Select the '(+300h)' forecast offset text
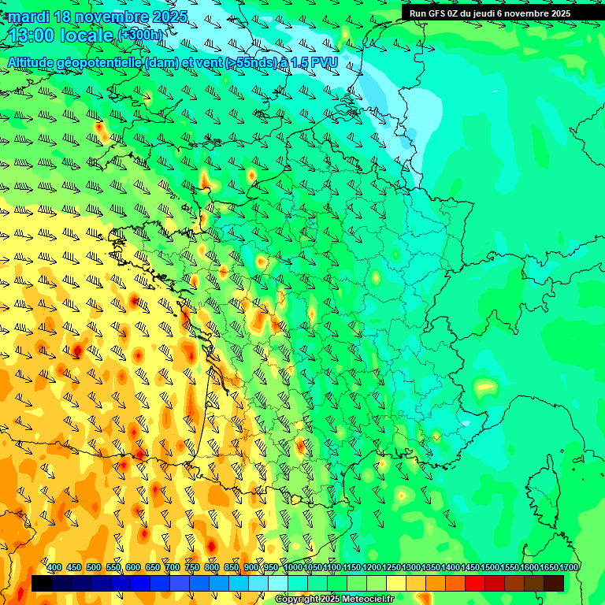(142, 35)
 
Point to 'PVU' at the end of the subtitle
(324, 63)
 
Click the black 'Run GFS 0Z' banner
(489, 13)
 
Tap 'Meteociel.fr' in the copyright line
(367, 599)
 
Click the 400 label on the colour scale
(54, 568)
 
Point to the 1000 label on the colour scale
(293, 568)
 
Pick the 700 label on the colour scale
(173, 568)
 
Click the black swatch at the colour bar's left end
(42, 583)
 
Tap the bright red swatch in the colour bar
(475, 583)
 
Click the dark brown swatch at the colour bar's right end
(554, 583)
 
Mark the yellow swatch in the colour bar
(396, 583)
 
